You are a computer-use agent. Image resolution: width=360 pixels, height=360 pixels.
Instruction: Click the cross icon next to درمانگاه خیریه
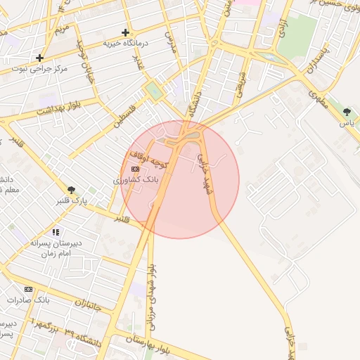[125, 32]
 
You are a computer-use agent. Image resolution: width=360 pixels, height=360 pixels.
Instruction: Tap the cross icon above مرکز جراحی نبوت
[40, 58]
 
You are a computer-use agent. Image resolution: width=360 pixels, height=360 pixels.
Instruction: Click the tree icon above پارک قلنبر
[71, 189]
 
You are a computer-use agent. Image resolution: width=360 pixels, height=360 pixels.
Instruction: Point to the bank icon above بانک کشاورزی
[135, 169]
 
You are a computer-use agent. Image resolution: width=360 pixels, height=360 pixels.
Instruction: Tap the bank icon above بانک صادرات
[28, 289]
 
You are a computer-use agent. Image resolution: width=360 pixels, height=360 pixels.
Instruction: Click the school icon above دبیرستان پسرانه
[56, 232]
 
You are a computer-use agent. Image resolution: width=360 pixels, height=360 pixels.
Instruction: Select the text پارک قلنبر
[72, 200]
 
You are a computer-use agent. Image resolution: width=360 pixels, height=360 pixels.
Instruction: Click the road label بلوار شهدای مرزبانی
[153, 295]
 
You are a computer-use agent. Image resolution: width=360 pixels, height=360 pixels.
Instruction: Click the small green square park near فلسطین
[153, 91]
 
